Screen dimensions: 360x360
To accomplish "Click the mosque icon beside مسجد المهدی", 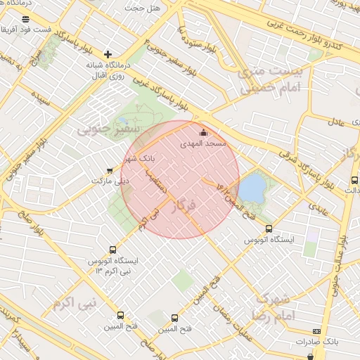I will click(x=204, y=132).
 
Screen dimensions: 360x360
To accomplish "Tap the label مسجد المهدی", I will click(x=203, y=143).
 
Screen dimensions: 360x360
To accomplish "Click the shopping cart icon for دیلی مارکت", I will click(x=108, y=170).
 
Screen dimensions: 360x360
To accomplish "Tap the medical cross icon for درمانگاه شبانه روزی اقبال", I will click(x=108, y=54).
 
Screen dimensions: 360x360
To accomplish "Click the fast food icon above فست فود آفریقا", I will click(x=26, y=19).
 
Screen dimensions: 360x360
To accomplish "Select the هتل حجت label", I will click(x=143, y=8).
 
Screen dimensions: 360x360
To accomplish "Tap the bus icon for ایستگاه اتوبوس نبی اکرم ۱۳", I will click(x=113, y=250).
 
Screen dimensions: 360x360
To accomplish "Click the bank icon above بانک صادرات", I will click(x=316, y=330).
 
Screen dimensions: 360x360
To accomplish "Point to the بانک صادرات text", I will click(x=317, y=341).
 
